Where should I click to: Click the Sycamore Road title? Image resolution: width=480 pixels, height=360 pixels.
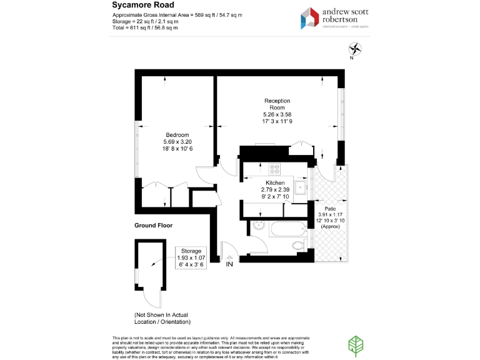click(x=139, y=4)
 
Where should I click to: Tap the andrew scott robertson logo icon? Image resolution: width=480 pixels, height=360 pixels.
click(x=310, y=17)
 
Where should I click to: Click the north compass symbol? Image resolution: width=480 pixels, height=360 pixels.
click(x=354, y=49)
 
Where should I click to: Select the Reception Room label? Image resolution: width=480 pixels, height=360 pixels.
click(x=277, y=104)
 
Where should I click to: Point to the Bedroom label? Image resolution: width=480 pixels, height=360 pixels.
click(x=177, y=135)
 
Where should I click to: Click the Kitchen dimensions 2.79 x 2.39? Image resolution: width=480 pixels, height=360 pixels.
click(x=275, y=190)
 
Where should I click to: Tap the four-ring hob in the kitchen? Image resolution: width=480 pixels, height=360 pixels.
click(x=274, y=168)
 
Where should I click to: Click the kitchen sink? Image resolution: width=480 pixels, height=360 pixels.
click(x=301, y=186)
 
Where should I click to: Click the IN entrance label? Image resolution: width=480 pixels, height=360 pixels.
click(x=229, y=264)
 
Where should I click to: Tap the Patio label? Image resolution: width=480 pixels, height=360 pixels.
click(x=330, y=209)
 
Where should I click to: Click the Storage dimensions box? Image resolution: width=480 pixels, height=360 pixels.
click(x=192, y=258)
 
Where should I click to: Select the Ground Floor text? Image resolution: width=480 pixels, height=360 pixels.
click(x=153, y=225)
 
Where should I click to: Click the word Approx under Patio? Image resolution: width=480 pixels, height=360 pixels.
click(x=330, y=226)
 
